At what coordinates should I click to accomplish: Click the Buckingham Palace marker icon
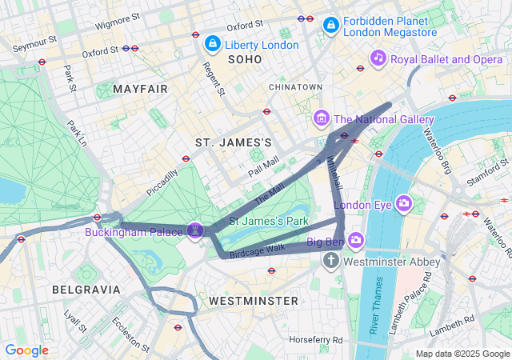[x=194, y=230]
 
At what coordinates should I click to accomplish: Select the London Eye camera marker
[x=404, y=203]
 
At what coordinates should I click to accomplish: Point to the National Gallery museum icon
[x=322, y=118]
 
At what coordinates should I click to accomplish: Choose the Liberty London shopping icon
[x=212, y=43]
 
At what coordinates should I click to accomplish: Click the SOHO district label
[x=244, y=60]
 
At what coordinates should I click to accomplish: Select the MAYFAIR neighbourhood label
[x=141, y=89]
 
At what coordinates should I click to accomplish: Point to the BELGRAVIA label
[x=86, y=289]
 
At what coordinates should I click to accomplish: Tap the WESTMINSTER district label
[x=253, y=301]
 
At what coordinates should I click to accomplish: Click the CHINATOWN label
[x=295, y=86]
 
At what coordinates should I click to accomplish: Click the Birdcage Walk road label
[x=258, y=251]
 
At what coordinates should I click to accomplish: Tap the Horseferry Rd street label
[x=316, y=339]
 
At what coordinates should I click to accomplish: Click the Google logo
[x=27, y=350]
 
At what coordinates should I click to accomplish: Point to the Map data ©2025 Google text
[x=462, y=354]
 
